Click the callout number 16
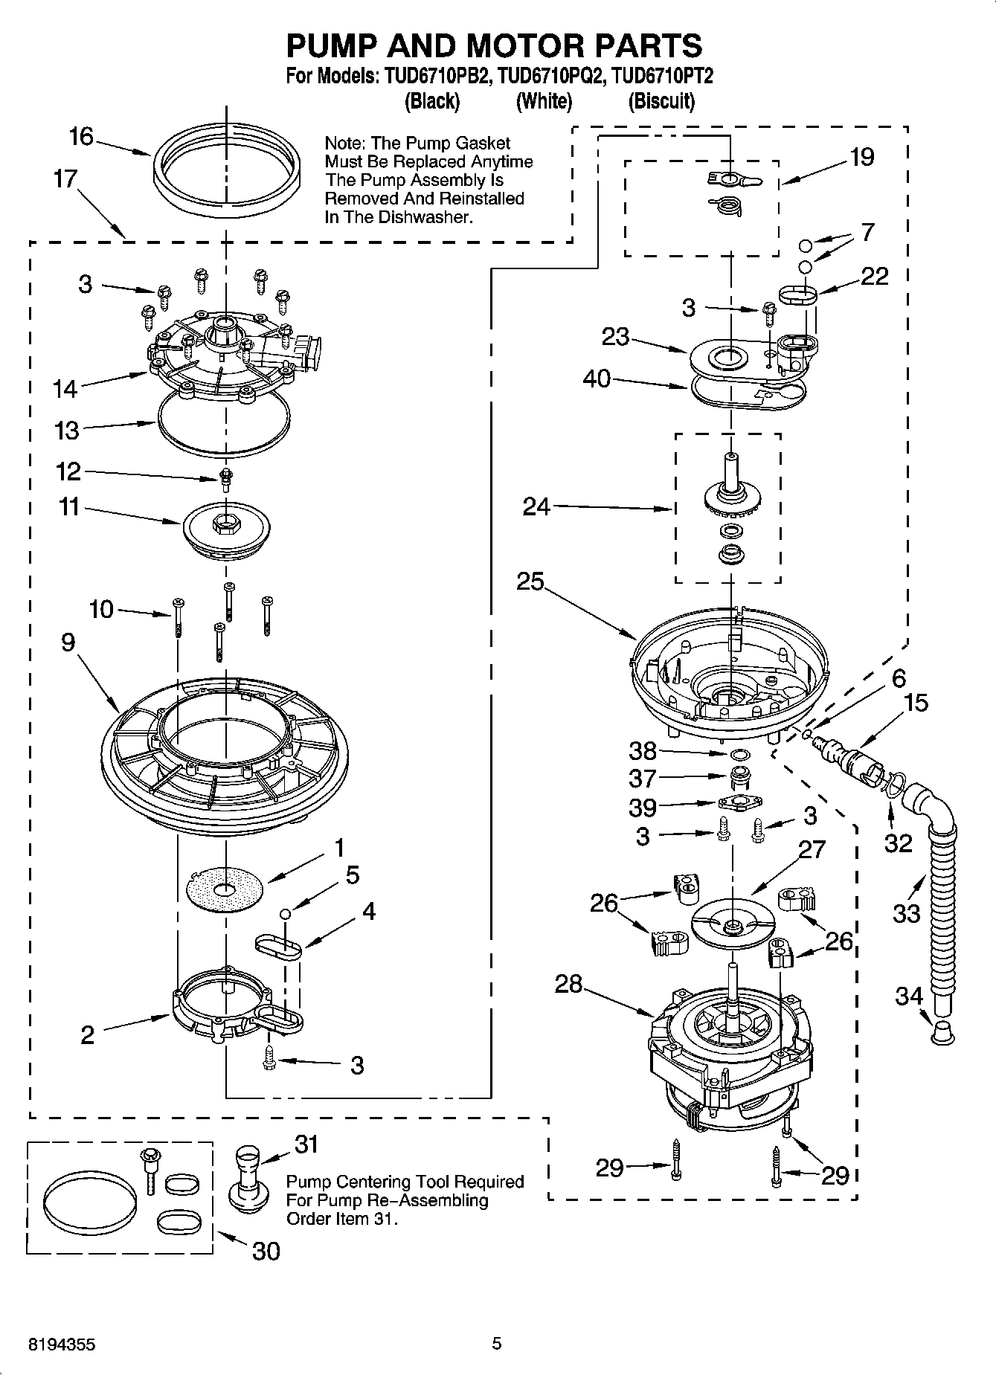pos(81,137)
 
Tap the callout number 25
pos(530,582)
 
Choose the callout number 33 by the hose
pos(906,912)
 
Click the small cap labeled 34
pos(942,1033)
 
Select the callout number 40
pos(597,379)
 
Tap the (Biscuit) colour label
pos(661,101)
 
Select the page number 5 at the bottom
pos(497,1344)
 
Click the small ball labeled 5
pos(284,913)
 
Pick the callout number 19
pos(861,157)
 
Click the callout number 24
pos(536,507)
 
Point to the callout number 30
pos(266,1251)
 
